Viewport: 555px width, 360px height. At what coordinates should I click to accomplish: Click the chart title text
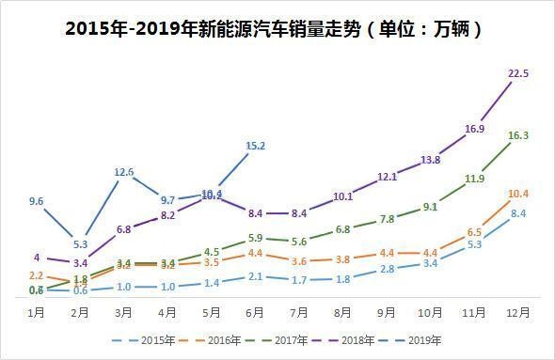tap(277, 28)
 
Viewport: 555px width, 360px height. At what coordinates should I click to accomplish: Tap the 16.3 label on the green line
tap(518, 135)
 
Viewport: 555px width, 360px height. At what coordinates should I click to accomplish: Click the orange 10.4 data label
tap(518, 194)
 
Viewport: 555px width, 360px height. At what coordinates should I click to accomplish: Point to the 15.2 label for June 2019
tap(255, 146)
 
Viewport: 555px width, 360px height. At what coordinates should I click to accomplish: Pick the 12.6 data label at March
tap(124, 172)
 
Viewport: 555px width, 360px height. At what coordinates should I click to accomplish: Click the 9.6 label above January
tap(38, 201)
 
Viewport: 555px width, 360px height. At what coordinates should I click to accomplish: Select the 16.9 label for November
tap(475, 129)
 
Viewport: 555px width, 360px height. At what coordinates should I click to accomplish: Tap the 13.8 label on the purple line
tap(430, 160)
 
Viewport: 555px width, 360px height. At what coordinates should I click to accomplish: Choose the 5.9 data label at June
tap(256, 239)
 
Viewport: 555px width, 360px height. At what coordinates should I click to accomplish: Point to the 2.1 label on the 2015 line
tap(256, 275)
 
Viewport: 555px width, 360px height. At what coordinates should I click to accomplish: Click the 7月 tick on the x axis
tap(299, 311)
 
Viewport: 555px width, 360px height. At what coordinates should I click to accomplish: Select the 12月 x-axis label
tap(516, 311)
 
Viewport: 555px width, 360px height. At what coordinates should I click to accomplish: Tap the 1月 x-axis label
tap(37, 311)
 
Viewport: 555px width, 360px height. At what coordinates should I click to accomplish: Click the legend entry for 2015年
tap(141, 339)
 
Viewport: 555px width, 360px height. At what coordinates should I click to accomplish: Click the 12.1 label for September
tap(387, 177)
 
